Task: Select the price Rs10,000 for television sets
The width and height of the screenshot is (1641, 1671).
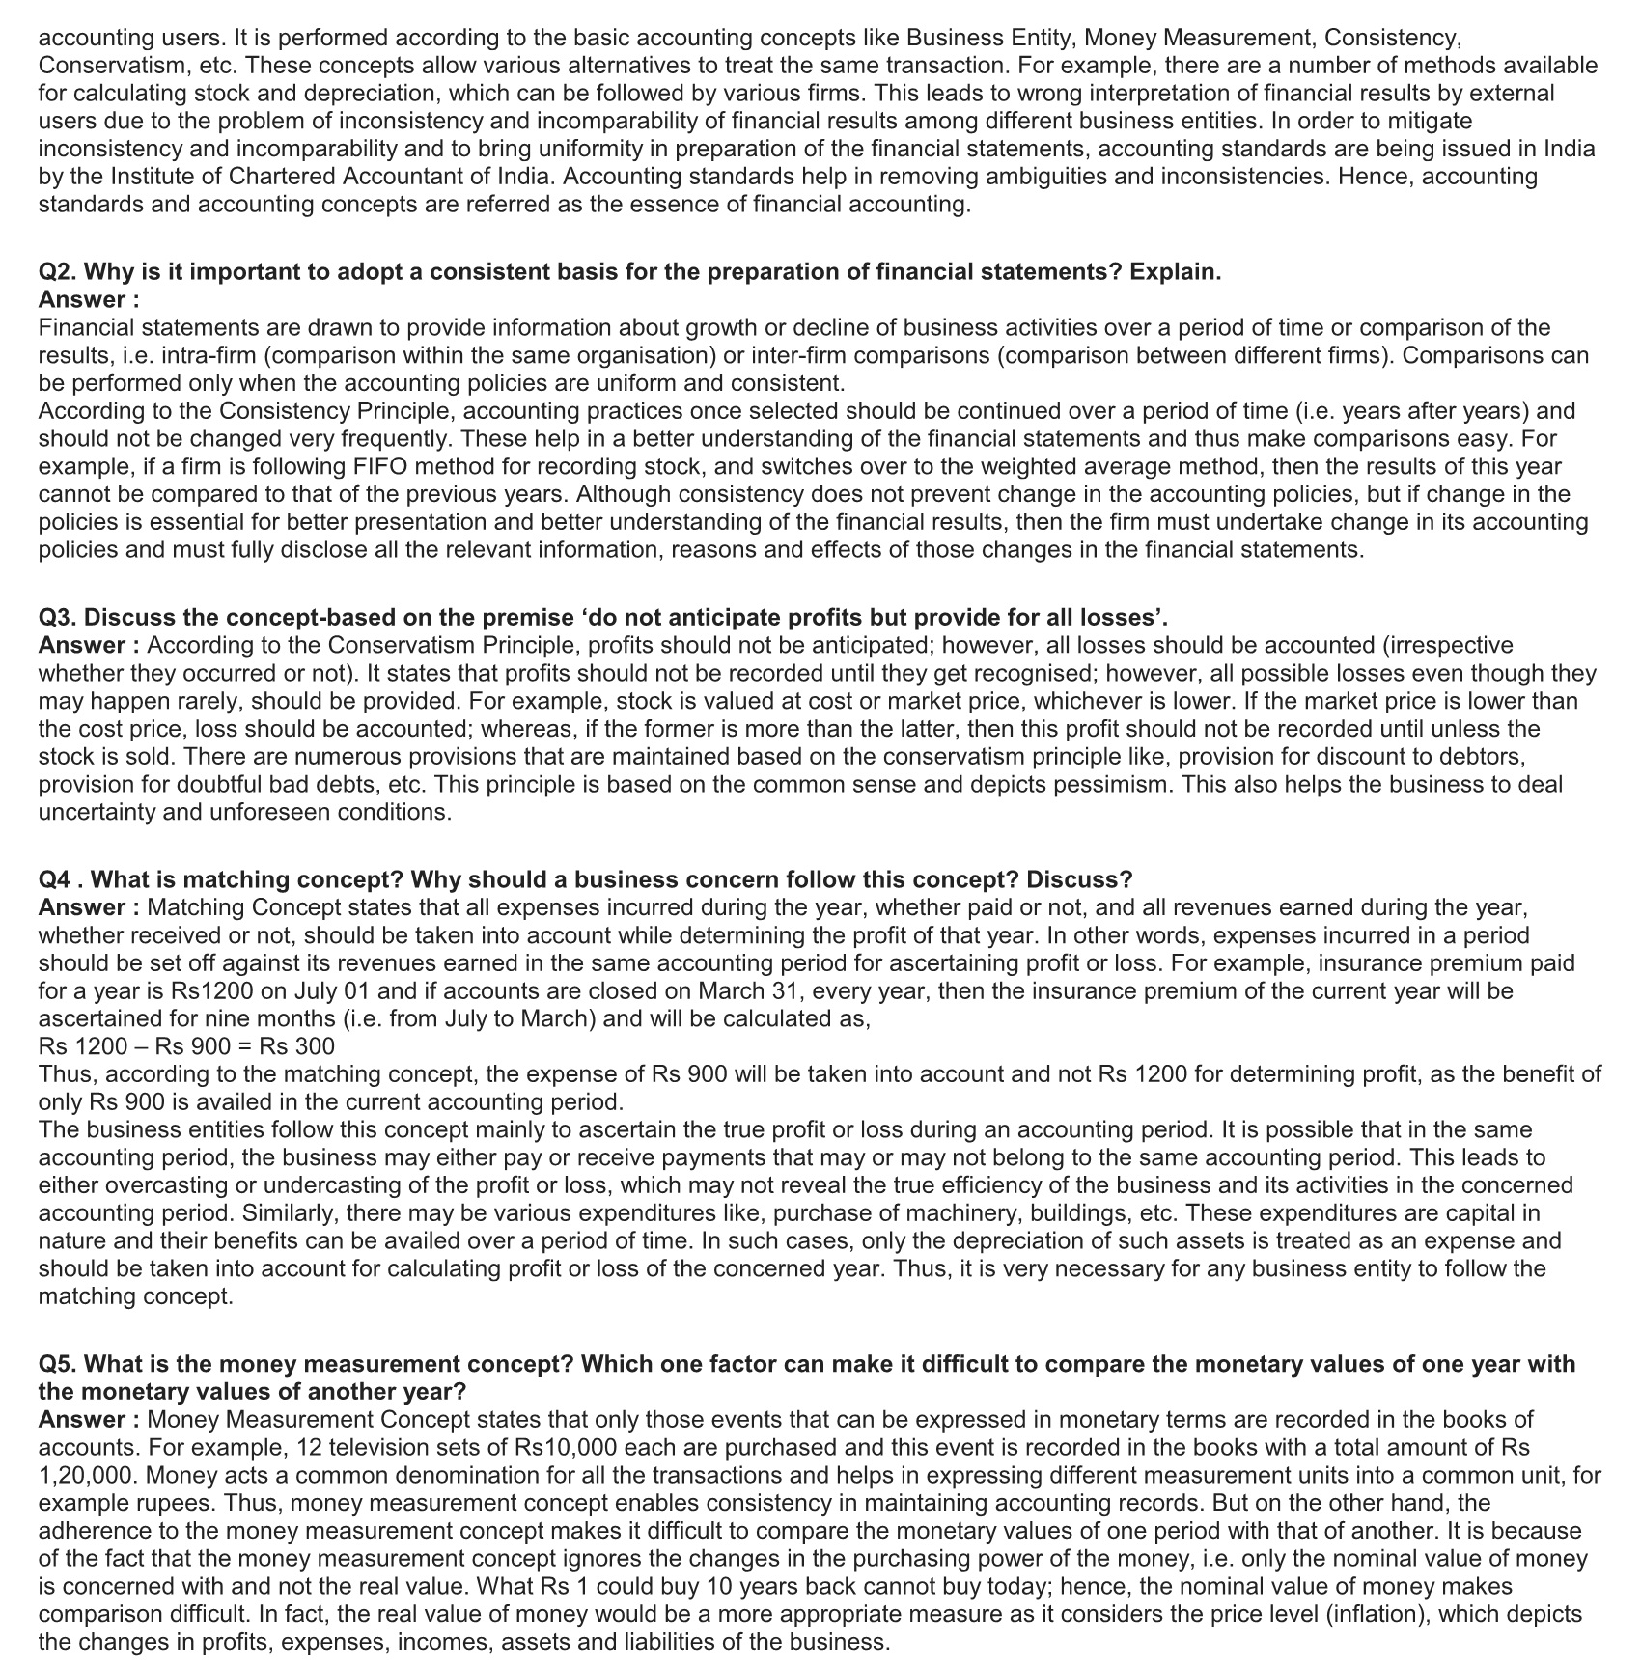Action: pos(570,1448)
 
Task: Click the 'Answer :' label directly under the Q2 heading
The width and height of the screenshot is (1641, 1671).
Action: pos(89,300)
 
